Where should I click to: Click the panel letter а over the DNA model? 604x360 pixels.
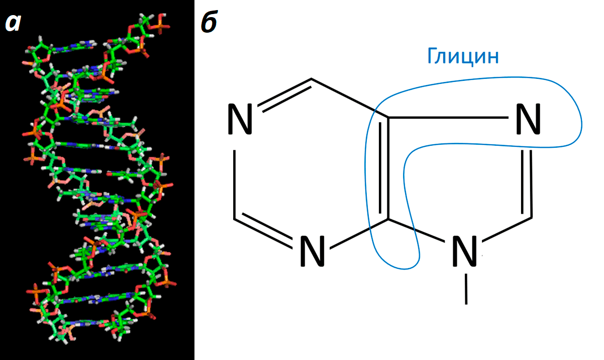click(12, 22)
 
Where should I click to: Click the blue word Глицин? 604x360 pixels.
click(463, 56)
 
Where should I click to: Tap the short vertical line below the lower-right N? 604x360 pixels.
click(466, 289)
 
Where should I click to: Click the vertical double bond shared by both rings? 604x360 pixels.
click(384, 168)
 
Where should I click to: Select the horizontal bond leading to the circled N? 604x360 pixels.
click(447, 119)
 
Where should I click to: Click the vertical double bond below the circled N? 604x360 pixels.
click(527, 182)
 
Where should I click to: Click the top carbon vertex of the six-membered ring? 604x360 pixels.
click(312, 79)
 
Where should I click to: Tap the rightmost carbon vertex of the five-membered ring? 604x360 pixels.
click(531, 217)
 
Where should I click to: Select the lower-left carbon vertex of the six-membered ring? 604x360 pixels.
click(235, 219)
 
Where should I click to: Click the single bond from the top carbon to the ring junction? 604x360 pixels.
click(350, 99)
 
